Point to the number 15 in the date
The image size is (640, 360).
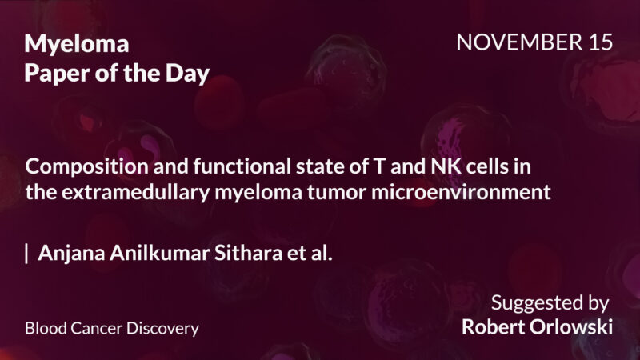[x=598, y=43]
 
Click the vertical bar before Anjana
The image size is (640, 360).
[x=27, y=254]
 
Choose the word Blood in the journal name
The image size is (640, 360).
[x=43, y=328]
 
